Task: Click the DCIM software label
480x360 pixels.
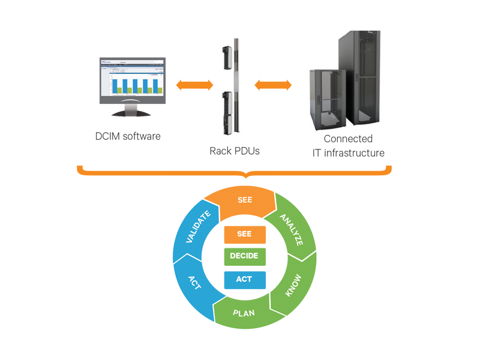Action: point(127,136)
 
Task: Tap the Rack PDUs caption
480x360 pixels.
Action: point(235,151)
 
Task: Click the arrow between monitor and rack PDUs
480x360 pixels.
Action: point(194,86)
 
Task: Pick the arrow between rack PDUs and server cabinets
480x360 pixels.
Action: point(273,85)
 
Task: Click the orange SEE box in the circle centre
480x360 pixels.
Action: point(244,233)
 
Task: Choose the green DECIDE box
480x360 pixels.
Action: point(244,256)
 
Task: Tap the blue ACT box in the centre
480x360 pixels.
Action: point(244,279)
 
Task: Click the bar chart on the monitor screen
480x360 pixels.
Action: point(134,86)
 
